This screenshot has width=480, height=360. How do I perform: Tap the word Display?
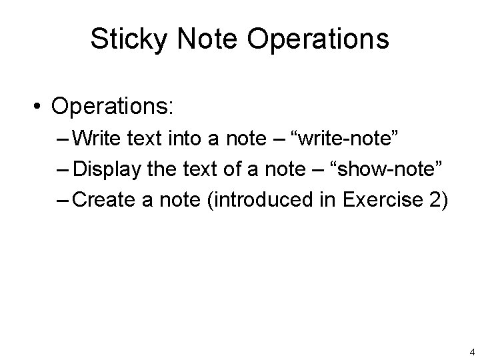[105, 170]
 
